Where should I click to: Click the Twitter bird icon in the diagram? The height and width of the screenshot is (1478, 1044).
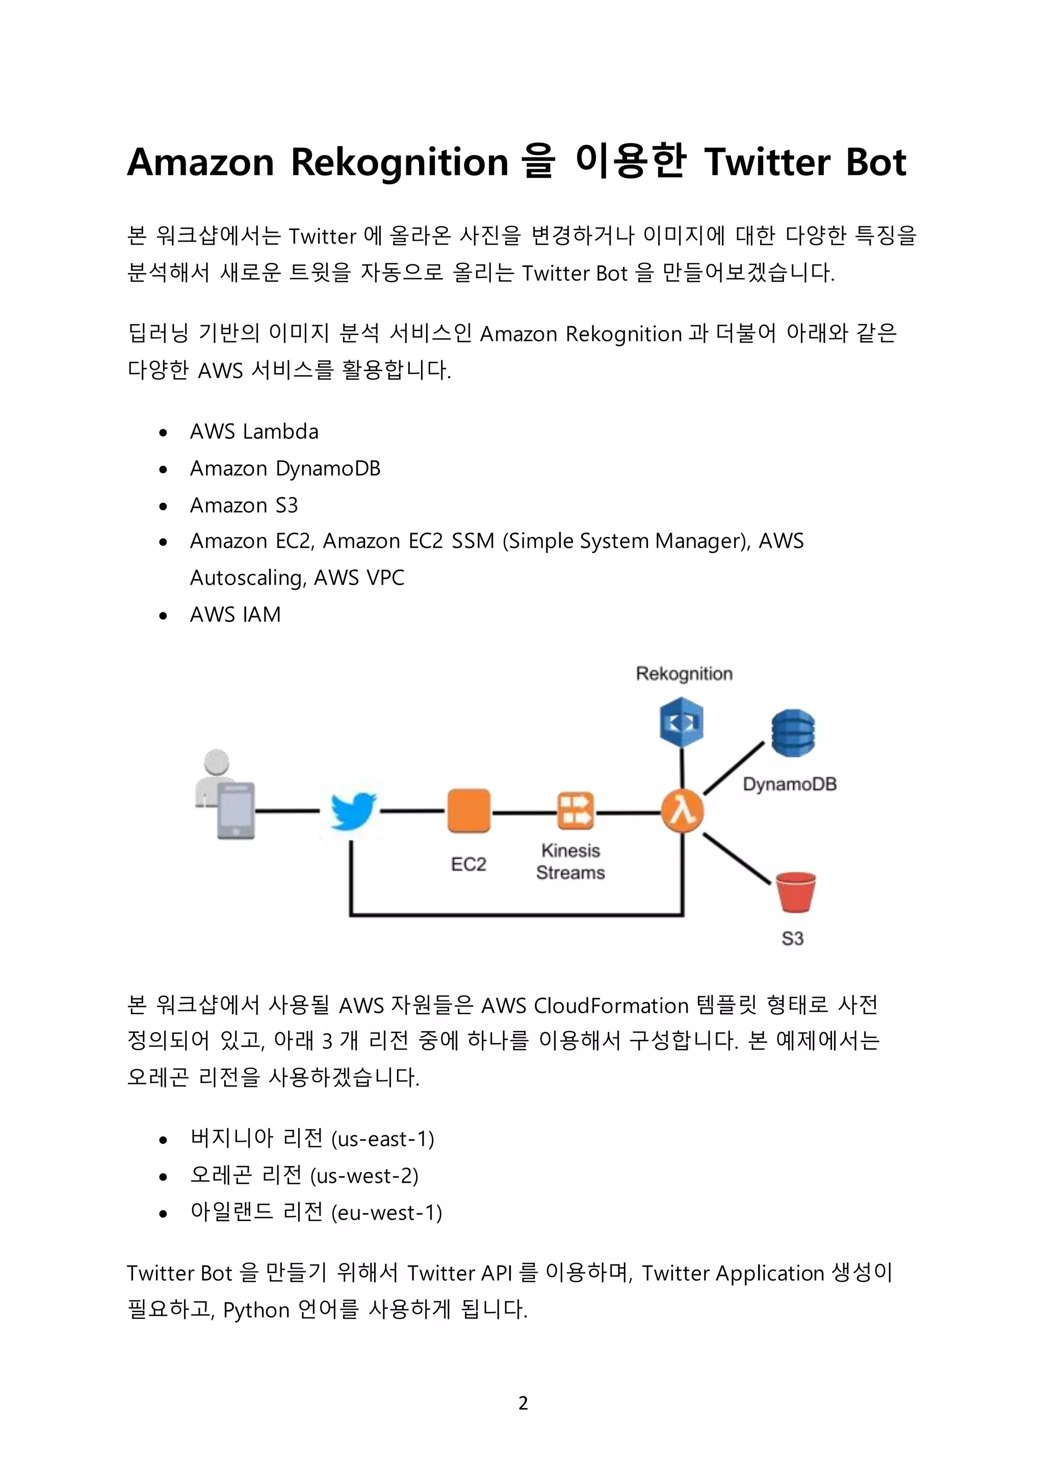click(352, 810)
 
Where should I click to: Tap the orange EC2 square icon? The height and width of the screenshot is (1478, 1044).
click(468, 810)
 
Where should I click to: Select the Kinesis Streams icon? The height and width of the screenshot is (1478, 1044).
click(575, 810)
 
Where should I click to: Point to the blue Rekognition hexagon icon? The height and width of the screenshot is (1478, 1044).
click(682, 722)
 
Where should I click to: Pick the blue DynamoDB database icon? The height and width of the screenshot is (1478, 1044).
click(793, 733)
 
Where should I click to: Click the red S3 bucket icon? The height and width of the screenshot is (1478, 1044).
click(795, 892)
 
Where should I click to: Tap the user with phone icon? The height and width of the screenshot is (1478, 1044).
click(226, 795)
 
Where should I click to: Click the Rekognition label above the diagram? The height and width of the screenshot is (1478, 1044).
click(684, 673)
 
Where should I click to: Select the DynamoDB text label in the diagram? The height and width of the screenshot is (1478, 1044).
click(790, 784)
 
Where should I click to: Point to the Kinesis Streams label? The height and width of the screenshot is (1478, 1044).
click(570, 861)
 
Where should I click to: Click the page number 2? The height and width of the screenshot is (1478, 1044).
click(523, 1403)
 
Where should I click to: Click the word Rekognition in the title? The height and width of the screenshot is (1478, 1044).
click(399, 162)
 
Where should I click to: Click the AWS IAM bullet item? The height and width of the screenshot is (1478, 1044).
click(235, 615)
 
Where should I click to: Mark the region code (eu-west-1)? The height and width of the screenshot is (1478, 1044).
click(386, 1213)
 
